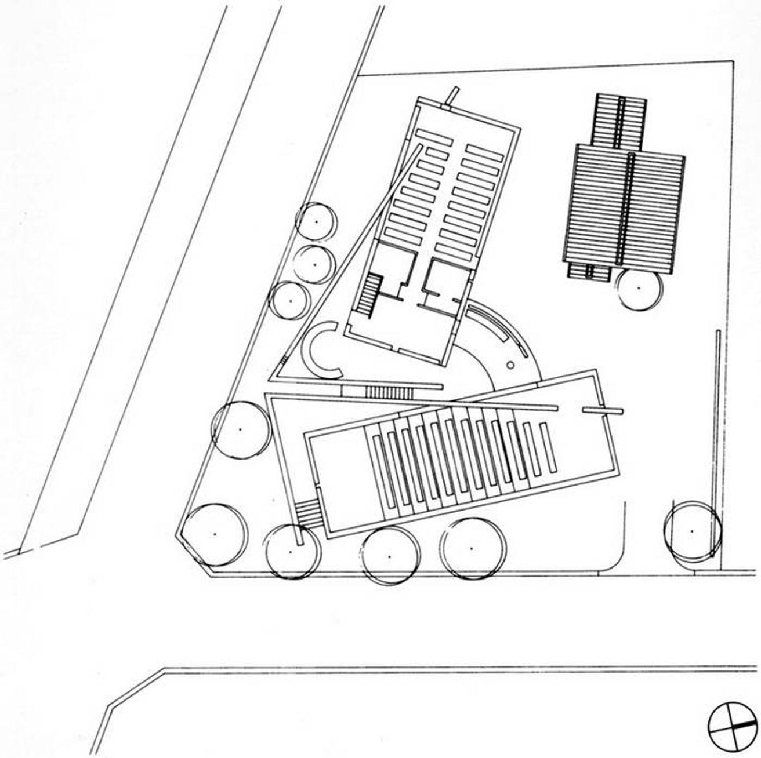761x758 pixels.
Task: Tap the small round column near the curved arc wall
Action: tap(510, 365)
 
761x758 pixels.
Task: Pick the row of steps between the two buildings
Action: tap(389, 393)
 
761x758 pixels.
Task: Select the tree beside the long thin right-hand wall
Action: tap(691, 530)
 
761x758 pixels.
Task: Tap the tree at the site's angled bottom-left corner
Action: tap(213, 534)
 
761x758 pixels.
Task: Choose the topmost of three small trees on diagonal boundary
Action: tap(316, 222)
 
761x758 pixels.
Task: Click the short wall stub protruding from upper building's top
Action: tap(452, 97)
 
